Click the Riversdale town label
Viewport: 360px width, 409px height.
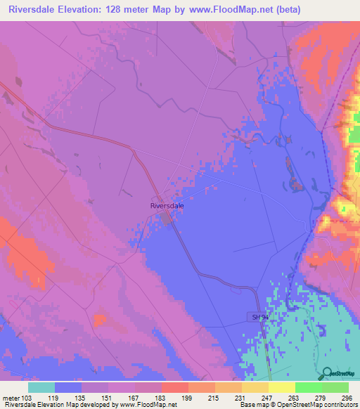coord(167,205)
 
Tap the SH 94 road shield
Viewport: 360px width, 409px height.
coord(259,318)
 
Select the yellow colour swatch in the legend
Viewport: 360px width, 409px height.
coord(281,387)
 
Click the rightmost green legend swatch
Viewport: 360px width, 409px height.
coord(335,387)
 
